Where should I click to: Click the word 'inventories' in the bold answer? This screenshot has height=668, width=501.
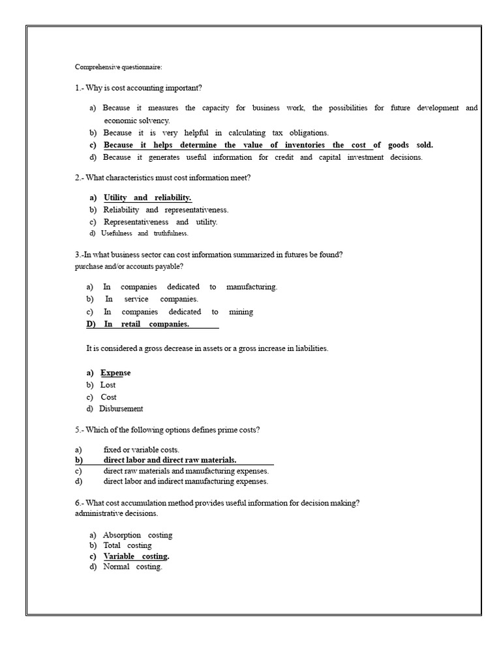click(x=303, y=145)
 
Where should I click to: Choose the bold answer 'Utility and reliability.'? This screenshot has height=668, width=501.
click(x=147, y=198)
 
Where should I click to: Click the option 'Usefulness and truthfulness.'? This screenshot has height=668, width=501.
click(x=144, y=234)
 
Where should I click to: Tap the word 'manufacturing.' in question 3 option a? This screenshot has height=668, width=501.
click(x=252, y=287)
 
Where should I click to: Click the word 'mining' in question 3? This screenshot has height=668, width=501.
click(x=241, y=312)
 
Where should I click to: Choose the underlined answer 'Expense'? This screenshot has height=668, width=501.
click(x=115, y=372)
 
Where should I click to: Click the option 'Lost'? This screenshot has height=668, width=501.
click(x=108, y=385)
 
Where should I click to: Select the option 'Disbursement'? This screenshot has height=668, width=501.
click(x=121, y=409)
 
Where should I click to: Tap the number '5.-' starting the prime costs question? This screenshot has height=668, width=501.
click(x=80, y=430)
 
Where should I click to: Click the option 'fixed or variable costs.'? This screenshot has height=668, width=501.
click(x=141, y=450)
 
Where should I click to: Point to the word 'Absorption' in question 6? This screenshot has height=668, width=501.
click(x=120, y=535)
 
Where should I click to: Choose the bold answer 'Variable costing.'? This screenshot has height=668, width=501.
click(x=136, y=556)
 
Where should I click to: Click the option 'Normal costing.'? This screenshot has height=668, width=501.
click(x=132, y=567)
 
